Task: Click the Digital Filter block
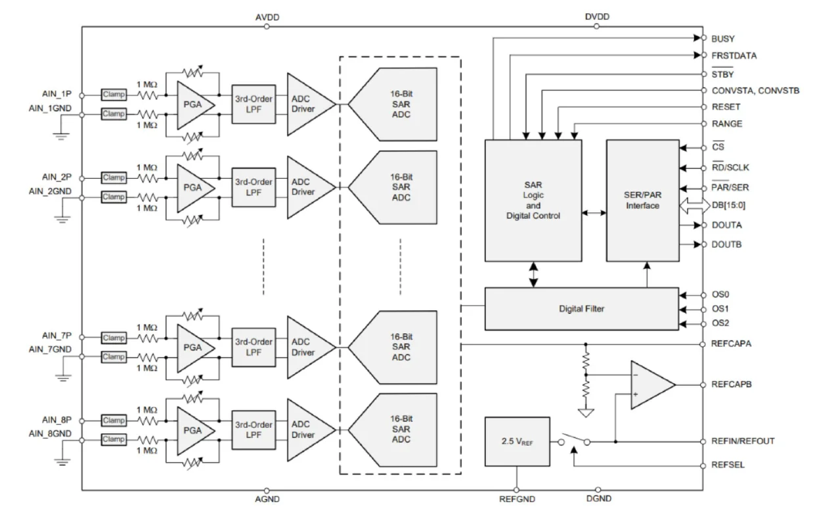coord(582,308)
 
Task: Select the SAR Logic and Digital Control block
coord(533,200)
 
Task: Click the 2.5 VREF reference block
coord(516,441)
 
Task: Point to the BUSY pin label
coord(723,39)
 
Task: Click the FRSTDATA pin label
coord(734,56)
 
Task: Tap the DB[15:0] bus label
coord(728,206)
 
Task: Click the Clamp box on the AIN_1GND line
coord(113,114)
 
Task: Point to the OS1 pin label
coord(720,308)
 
